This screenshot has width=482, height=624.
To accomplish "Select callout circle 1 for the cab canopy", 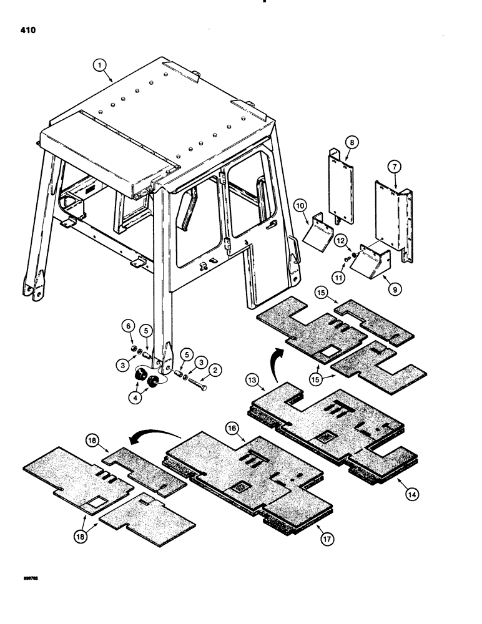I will point(98,64).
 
